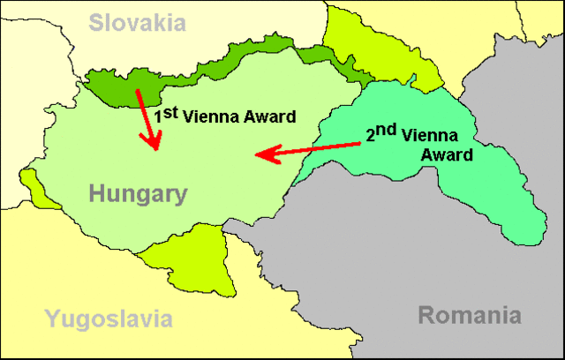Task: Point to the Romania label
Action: pyautogui.click(x=469, y=315)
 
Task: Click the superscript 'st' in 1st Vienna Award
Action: pyautogui.click(x=171, y=109)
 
